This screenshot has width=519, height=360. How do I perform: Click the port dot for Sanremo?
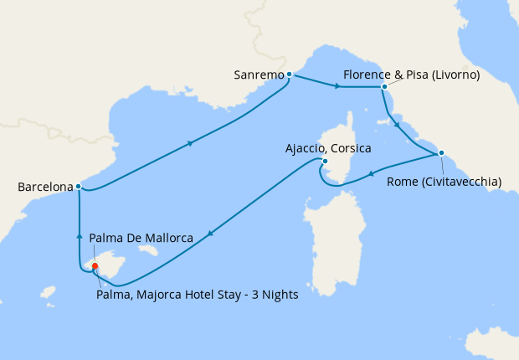(289, 75)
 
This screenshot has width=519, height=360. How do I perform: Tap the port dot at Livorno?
(383, 86)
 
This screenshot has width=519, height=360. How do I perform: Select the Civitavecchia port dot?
(441, 152)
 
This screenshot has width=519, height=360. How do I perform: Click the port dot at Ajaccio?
(325, 162)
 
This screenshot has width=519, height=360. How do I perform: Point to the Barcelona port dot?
(78, 186)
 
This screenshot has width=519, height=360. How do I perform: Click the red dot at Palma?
(95, 266)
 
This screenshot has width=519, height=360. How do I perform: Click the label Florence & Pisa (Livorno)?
(411, 75)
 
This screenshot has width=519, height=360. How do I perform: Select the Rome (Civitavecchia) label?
(444, 182)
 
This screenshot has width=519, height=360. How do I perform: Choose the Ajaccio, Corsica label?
(329, 147)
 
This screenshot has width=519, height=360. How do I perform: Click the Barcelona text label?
(44, 188)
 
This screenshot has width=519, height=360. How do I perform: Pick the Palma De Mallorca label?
(141, 239)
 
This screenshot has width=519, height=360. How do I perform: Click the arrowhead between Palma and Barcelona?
(79, 235)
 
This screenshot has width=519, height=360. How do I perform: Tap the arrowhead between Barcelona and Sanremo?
(192, 143)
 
